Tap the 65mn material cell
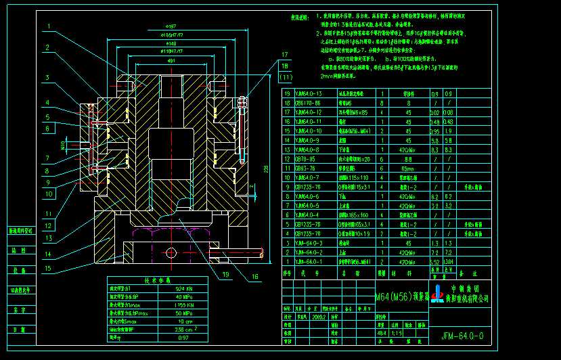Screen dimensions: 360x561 click(407, 168)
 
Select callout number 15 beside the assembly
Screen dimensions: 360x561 click(48, 269)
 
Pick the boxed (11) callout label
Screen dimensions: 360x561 click(286, 78)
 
